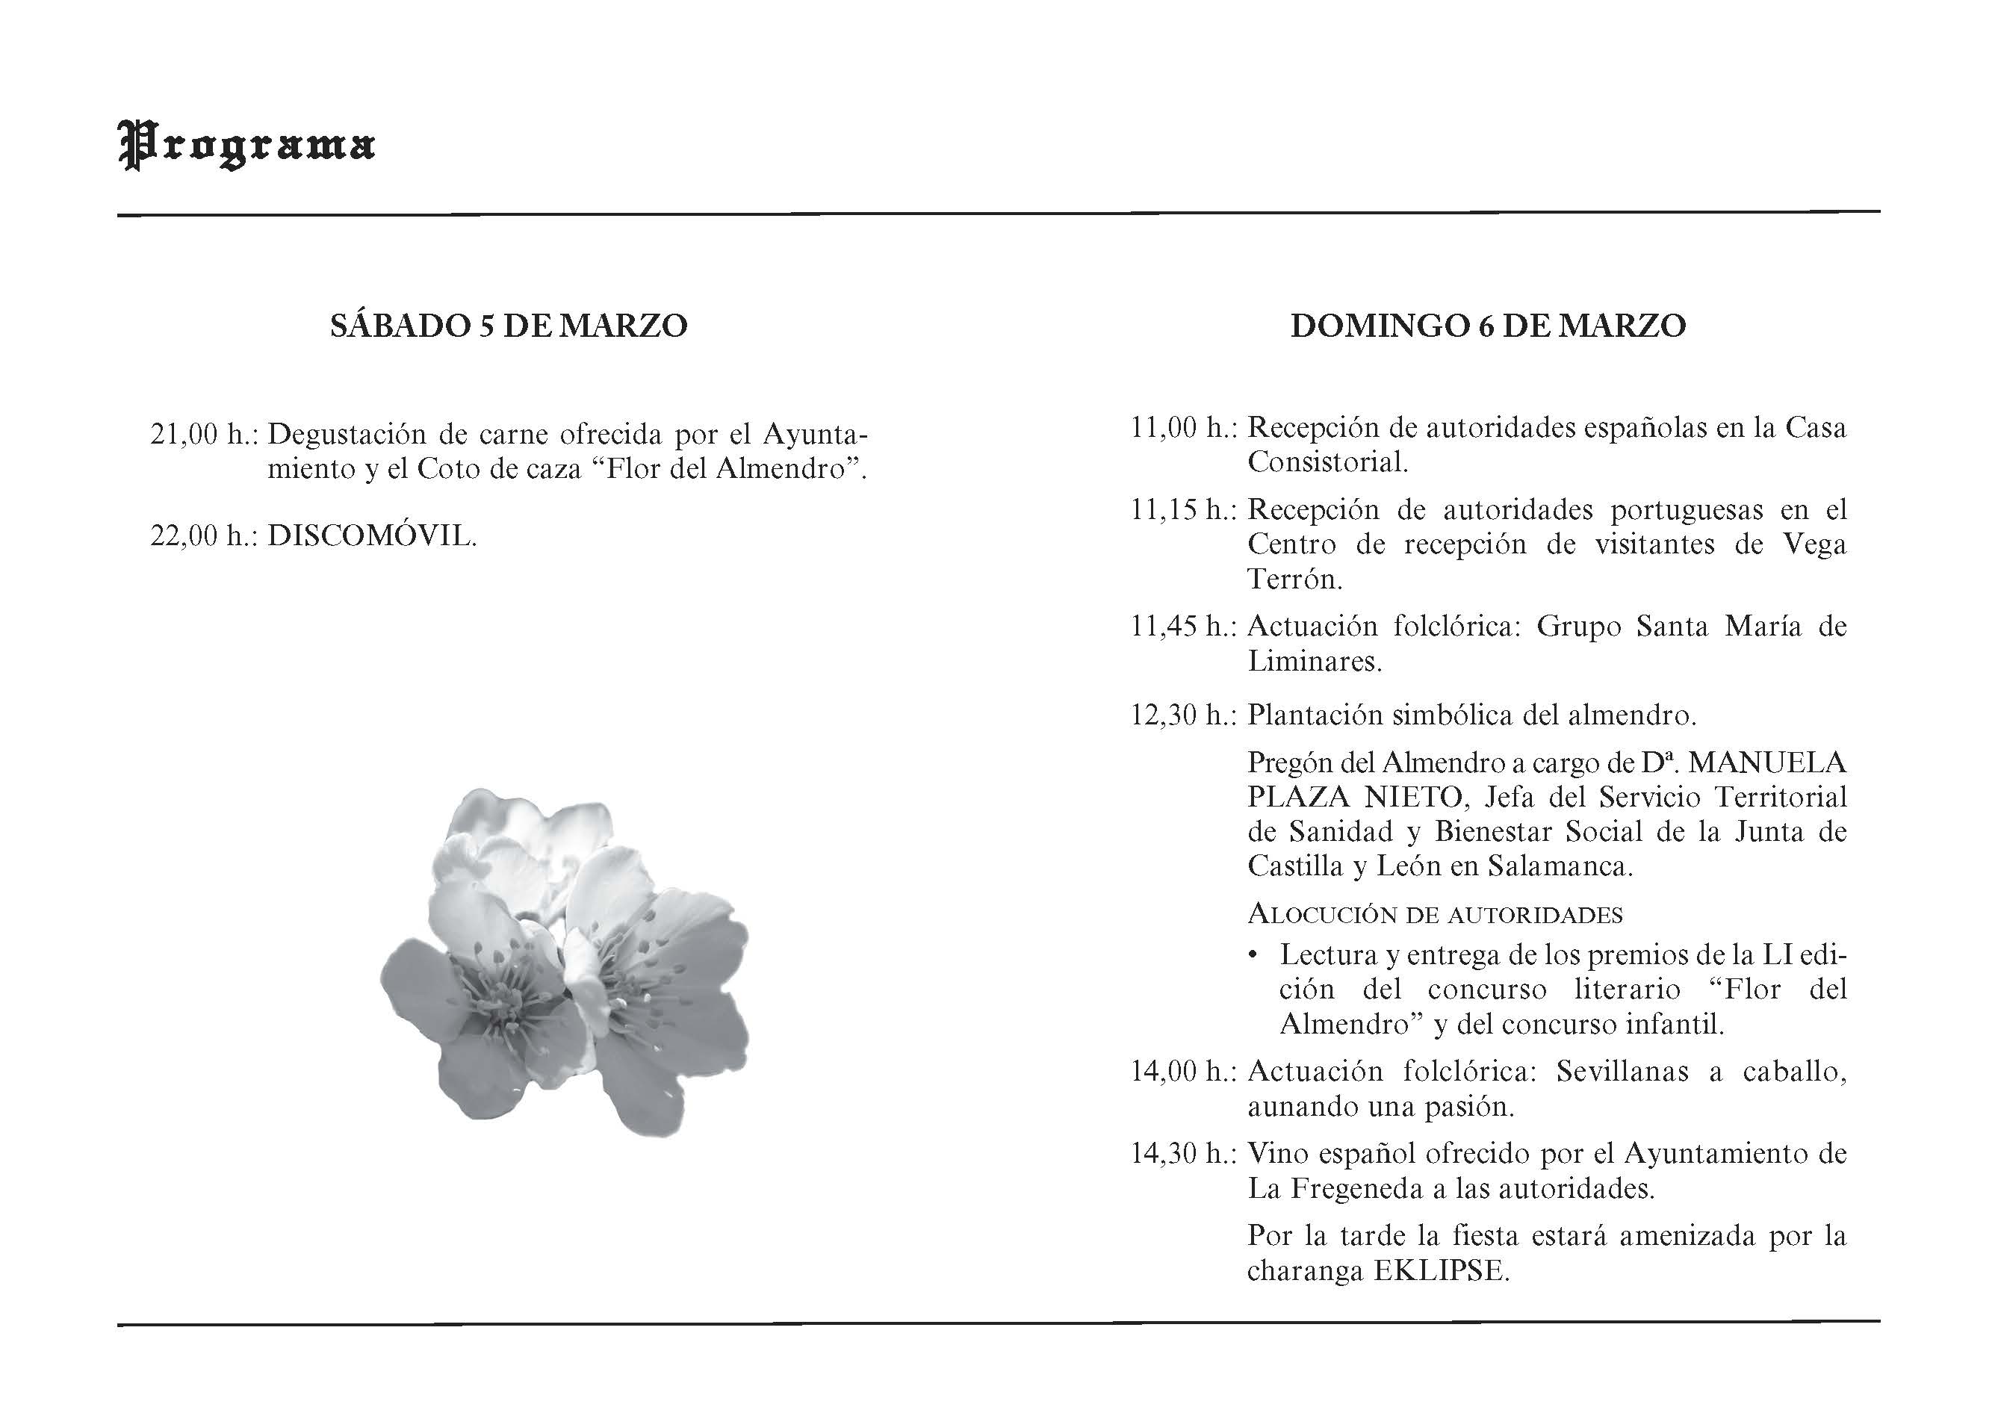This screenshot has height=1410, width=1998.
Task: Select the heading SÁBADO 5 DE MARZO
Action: click(x=509, y=326)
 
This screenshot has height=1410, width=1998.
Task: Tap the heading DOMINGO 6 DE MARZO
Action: click(x=1488, y=326)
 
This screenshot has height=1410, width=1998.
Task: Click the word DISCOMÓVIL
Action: click(x=371, y=535)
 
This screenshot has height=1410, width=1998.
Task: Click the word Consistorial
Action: click(x=1327, y=462)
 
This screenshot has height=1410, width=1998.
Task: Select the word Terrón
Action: click(x=1295, y=580)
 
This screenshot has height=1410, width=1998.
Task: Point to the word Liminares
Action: click(x=1314, y=661)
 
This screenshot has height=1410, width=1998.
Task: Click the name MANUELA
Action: click(x=1766, y=763)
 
